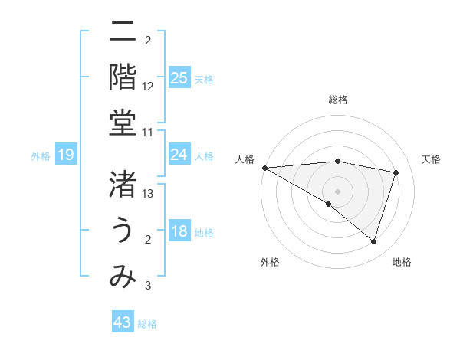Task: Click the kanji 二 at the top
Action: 123,32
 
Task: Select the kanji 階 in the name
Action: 123,77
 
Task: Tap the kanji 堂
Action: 123,123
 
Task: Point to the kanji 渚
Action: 123,184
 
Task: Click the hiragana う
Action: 123,230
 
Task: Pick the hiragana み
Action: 123,276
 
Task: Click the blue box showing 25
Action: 179,78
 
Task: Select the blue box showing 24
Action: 179,155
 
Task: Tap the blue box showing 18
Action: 179,232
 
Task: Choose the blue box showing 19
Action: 66,155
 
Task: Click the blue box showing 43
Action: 123,323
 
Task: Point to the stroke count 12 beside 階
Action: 148,87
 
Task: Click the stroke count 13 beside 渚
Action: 148,194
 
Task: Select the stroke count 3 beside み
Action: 148,286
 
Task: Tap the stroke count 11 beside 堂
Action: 148,133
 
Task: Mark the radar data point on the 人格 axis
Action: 264,167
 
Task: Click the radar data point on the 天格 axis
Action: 396,172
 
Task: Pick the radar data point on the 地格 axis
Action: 373,242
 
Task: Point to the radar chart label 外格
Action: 270,262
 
